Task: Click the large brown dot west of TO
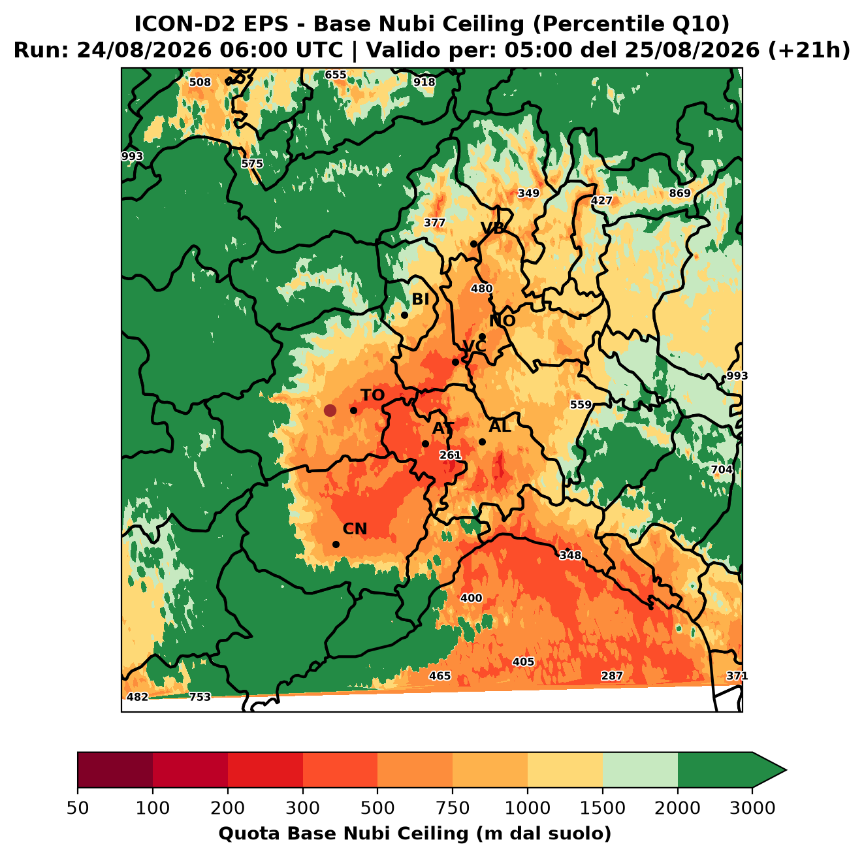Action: [x=330, y=410]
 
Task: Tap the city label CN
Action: [x=355, y=529]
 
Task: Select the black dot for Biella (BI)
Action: [x=404, y=315]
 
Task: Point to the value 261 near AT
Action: [x=450, y=455]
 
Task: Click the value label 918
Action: [x=424, y=82]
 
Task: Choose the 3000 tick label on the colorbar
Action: [x=752, y=808]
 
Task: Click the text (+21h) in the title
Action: [x=808, y=50]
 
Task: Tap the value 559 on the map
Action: [x=581, y=405]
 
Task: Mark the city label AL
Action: [x=500, y=427]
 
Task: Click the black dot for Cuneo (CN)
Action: [x=336, y=544]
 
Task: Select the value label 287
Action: [x=612, y=675]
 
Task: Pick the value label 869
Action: [x=680, y=193]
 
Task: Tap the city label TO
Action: [x=373, y=396]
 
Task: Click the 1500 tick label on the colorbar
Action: [x=603, y=808]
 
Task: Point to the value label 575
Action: [x=253, y=164]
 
